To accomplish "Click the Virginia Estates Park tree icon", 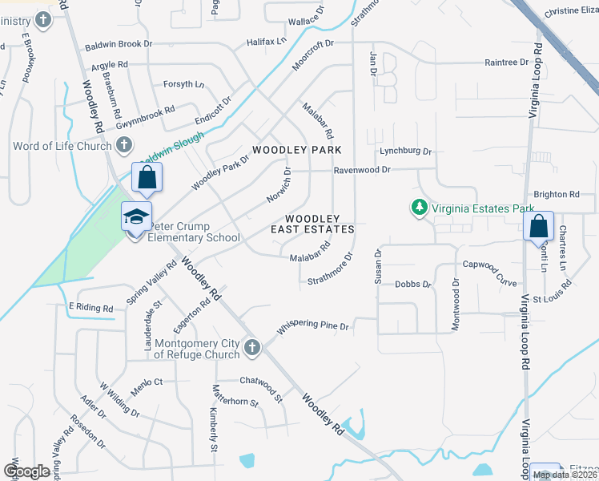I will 418,208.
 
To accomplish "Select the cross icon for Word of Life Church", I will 123,145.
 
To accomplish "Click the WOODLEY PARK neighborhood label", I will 297,150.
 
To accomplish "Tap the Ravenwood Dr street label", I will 362,170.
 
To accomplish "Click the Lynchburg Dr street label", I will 405,151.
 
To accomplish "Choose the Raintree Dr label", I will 507,62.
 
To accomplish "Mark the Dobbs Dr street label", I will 412,284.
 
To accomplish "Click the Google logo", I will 26,471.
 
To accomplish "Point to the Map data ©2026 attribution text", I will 565,475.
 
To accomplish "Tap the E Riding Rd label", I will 90,307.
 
